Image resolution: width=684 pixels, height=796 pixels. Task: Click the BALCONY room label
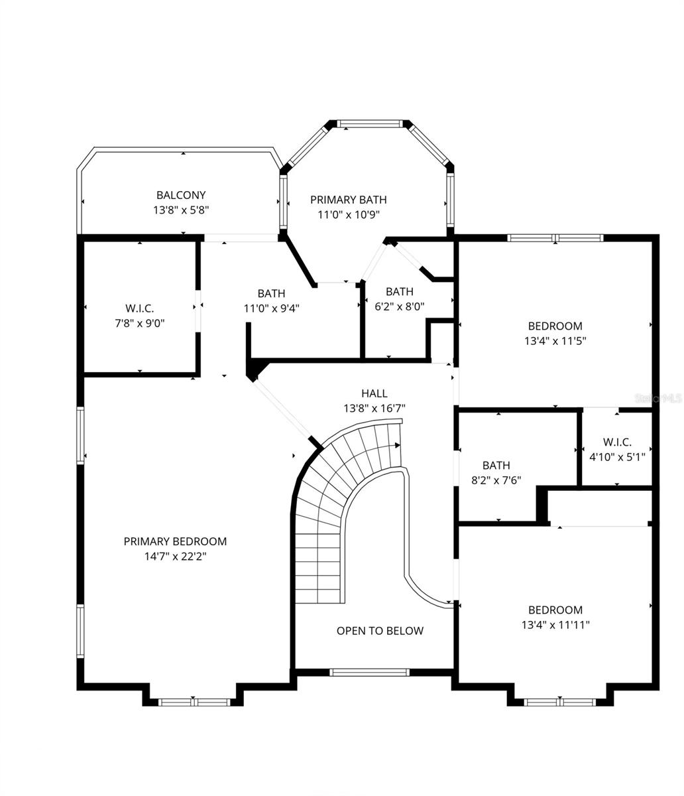(181, 195)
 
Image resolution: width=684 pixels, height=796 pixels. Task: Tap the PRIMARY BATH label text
(348, 200)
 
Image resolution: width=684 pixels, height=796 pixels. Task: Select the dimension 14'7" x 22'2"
(176, 557)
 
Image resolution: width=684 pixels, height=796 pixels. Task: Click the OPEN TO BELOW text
(380, 631)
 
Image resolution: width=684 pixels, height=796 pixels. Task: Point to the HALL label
(374, 393)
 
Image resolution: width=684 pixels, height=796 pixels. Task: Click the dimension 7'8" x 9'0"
(139, 323)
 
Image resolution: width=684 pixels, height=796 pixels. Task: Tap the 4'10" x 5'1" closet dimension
(617, 456)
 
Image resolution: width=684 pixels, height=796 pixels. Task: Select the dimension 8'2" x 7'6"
(496, 480)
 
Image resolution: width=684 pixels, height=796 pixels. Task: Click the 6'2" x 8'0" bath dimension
(400, 306)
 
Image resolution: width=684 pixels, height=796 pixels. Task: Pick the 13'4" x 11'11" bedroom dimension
(555, 624)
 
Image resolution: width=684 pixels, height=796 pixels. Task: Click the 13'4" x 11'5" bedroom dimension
(555, 340)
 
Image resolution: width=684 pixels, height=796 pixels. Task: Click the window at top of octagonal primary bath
(370, 123)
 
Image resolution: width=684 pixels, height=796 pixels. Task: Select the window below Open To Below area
(370, 673)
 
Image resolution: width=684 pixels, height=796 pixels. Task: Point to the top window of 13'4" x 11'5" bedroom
(555, 237)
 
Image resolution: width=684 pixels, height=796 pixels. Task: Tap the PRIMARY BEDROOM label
(176, 541)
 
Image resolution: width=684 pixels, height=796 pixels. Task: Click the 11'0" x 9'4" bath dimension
(272, 308)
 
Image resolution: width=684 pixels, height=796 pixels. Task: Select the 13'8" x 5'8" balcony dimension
(181, 210)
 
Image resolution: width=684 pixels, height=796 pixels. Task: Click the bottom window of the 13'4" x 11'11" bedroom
(561, 702)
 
